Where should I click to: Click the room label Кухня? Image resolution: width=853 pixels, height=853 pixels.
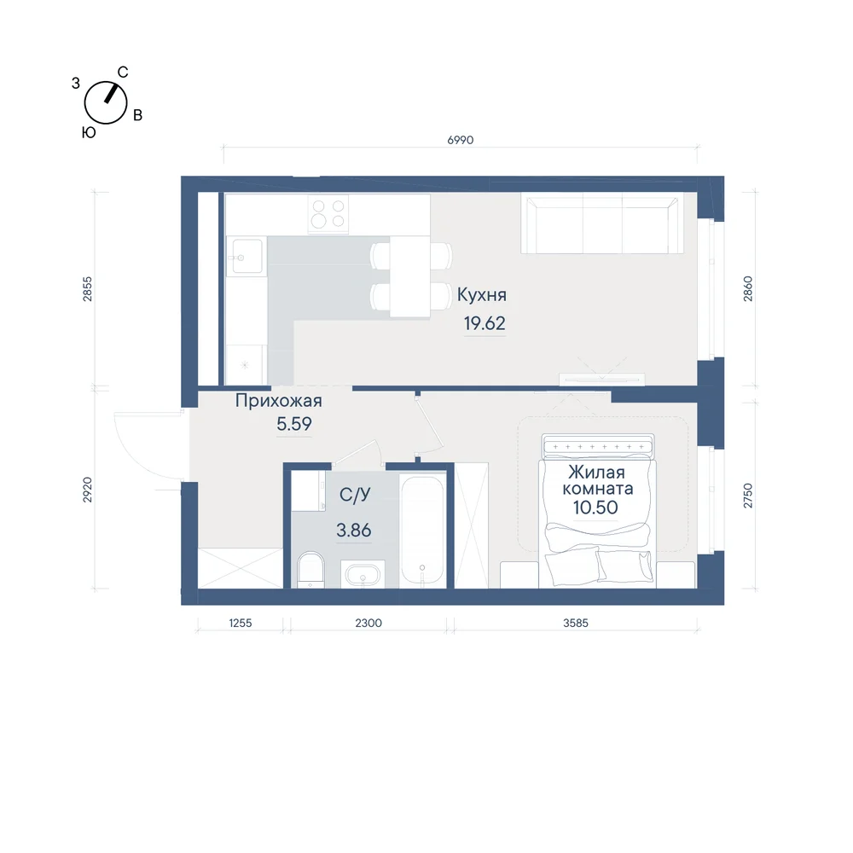tap(481, 295)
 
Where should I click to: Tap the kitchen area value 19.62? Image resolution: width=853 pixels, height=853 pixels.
tap(485, 323)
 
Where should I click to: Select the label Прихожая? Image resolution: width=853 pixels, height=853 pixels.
tap(279, 401)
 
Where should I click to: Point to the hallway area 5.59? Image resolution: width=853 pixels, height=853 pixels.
tap(293, 424)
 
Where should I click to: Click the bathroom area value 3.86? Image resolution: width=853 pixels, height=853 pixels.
tap(354, 530)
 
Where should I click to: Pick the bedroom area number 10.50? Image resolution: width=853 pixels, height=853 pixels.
tap(595, 508)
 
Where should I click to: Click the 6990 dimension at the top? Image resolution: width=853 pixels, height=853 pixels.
tap(461, 141)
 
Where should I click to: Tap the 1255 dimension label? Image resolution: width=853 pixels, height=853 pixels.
tap(240, 623)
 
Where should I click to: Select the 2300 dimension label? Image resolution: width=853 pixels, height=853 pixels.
tap(368, 623)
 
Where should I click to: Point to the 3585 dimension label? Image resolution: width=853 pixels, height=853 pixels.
tap(576, 623)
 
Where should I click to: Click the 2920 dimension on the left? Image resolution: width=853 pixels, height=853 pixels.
tap(87, 490)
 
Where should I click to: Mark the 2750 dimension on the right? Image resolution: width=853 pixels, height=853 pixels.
tap(748, 496)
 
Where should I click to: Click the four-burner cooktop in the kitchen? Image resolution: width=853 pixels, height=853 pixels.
tap(328, 214)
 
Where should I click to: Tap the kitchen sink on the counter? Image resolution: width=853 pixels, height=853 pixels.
tap(246, 256)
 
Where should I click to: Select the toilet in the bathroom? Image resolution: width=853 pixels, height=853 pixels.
tap(310, 570)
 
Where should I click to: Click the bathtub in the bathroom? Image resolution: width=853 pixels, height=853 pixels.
tap(423, 531)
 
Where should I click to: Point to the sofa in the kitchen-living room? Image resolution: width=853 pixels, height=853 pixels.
tap(601, 224)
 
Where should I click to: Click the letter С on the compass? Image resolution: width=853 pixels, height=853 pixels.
tap(123, 73)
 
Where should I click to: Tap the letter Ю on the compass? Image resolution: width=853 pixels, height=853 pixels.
tap(89, 133)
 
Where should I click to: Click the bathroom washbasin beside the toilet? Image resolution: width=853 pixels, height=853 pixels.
tap(363, 574)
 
